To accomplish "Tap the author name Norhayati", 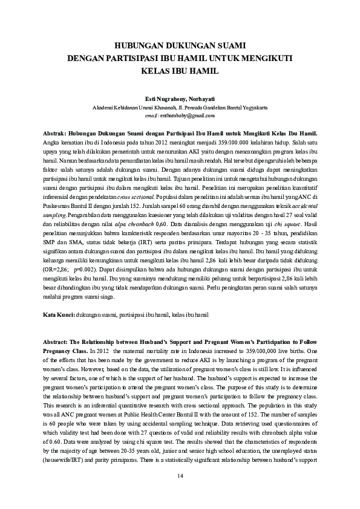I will (x=201, y=99).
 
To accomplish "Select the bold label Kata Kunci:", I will (x=59, y=315).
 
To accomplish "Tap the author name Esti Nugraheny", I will (x=160, y=99).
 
